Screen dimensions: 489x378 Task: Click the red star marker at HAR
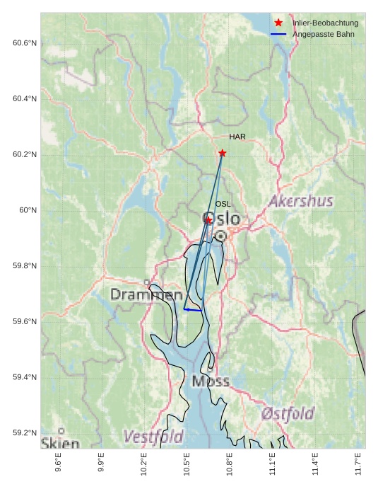223,153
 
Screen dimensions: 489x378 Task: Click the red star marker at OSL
208,220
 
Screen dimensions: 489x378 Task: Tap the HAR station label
237,137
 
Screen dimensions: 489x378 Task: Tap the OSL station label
223,204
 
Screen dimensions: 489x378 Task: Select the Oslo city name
221,219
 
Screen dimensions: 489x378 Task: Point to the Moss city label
211,381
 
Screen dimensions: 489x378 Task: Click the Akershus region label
300,202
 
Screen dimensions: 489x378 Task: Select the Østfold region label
288,413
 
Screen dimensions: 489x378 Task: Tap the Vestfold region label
153,437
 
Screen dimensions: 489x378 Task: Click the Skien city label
59,443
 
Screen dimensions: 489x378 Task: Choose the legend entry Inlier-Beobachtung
325,23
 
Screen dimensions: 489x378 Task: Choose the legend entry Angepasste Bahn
323,34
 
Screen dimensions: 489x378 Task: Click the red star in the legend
278,23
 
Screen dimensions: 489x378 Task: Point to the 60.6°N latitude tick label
24,43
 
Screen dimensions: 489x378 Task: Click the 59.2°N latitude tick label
24,433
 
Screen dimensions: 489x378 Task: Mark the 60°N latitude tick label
28,210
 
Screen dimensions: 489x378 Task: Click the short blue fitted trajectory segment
192,310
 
